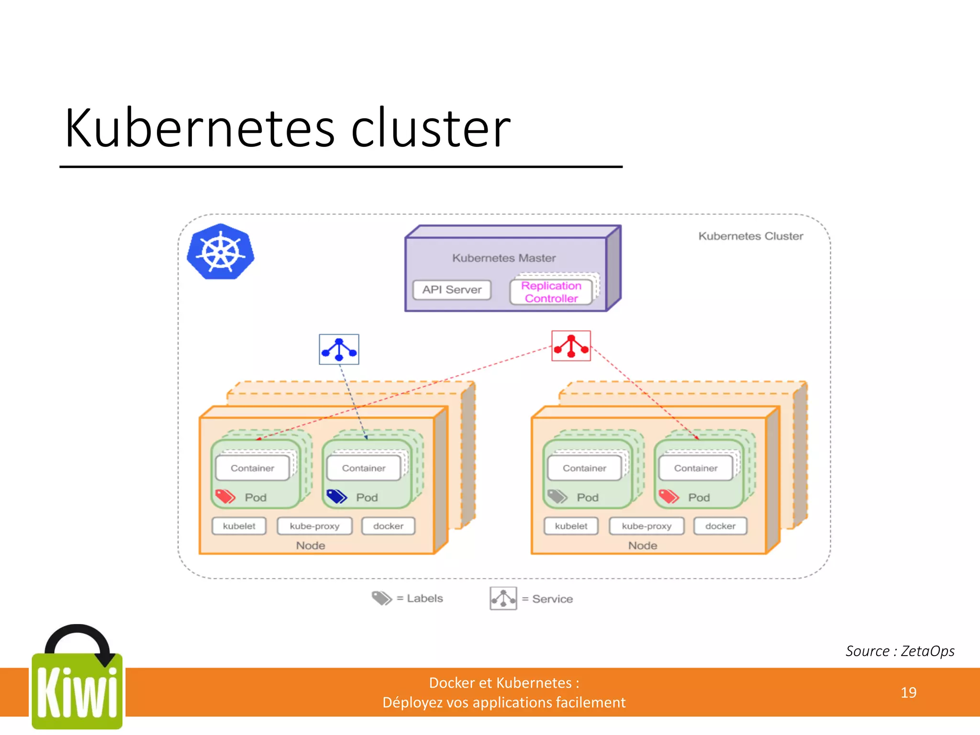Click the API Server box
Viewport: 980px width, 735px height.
point(452,290)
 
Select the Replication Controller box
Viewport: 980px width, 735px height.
point(551,292)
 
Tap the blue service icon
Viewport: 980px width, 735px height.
point(339,349)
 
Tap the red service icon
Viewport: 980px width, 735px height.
point(571,346)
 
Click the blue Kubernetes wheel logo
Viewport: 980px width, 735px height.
point(221,252)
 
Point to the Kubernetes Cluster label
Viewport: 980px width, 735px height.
point(750,236)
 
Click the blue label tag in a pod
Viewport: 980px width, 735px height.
point(336,497)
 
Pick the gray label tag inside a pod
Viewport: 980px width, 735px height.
point(557,497)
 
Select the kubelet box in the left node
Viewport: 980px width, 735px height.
point(239,526)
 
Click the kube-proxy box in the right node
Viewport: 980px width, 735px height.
point(646,526)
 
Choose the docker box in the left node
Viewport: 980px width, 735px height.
point(388,526)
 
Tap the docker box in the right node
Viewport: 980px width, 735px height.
point(720,526)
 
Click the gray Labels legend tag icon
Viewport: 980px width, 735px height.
point(381,598)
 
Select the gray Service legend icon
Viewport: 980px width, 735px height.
point(503,599)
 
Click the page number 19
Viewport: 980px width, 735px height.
point(908,692)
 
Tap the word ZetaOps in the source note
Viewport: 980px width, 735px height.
point(927,651)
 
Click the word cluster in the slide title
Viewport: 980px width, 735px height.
point(431,128)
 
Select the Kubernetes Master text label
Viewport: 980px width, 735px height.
point(504,258)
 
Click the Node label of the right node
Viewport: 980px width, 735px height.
point(642,546)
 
